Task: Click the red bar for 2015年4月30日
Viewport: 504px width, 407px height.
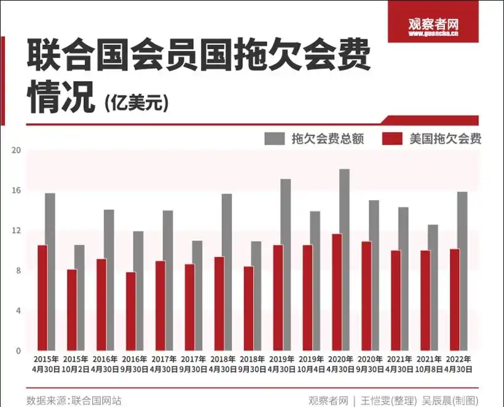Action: (42, 298)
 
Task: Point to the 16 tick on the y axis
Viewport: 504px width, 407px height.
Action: (17, 190)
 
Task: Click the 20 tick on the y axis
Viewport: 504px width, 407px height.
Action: (17, 150)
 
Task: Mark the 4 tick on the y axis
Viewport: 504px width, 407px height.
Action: (18, 311)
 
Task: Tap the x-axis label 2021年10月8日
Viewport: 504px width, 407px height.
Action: (430, 363)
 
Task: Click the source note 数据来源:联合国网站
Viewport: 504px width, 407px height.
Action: (74, 400)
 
